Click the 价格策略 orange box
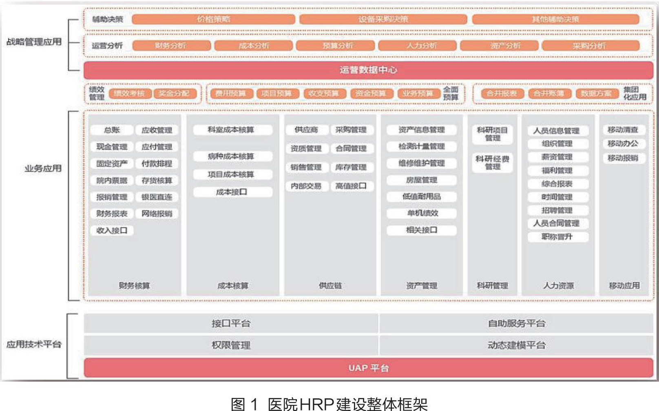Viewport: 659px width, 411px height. (x=213, y=19)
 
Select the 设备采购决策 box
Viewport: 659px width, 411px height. (x=383, y=19)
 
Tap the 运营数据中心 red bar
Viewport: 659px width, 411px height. (x=368, y=70)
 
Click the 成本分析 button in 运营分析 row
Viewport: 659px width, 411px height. (x=253, y=46)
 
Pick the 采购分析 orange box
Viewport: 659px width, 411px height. (x=590, y=46)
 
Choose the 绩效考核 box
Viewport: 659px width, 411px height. (x=129, y=93)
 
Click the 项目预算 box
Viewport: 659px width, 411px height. (x=276, y=93)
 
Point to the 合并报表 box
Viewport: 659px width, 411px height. (x=501, y=93)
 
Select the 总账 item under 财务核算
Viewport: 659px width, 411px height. (x=112, y=130)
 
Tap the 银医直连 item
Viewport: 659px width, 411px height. (x=157, y=197)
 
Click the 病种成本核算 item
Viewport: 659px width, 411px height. (x=231, y=156)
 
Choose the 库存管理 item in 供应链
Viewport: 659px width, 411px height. (x=351, y=167)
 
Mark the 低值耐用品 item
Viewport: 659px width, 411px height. (x=421, y=197)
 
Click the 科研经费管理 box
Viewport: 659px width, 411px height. (x=492, y=163)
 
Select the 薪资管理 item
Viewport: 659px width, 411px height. (x=557, y=157)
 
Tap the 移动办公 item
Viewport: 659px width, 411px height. (x=623, y=144)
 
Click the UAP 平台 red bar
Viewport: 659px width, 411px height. (x=368, y=368)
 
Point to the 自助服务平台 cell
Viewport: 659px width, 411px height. (x=516, y=324)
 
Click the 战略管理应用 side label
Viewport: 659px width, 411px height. (x=34, y=42)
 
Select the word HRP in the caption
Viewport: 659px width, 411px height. (x=316, y=404)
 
